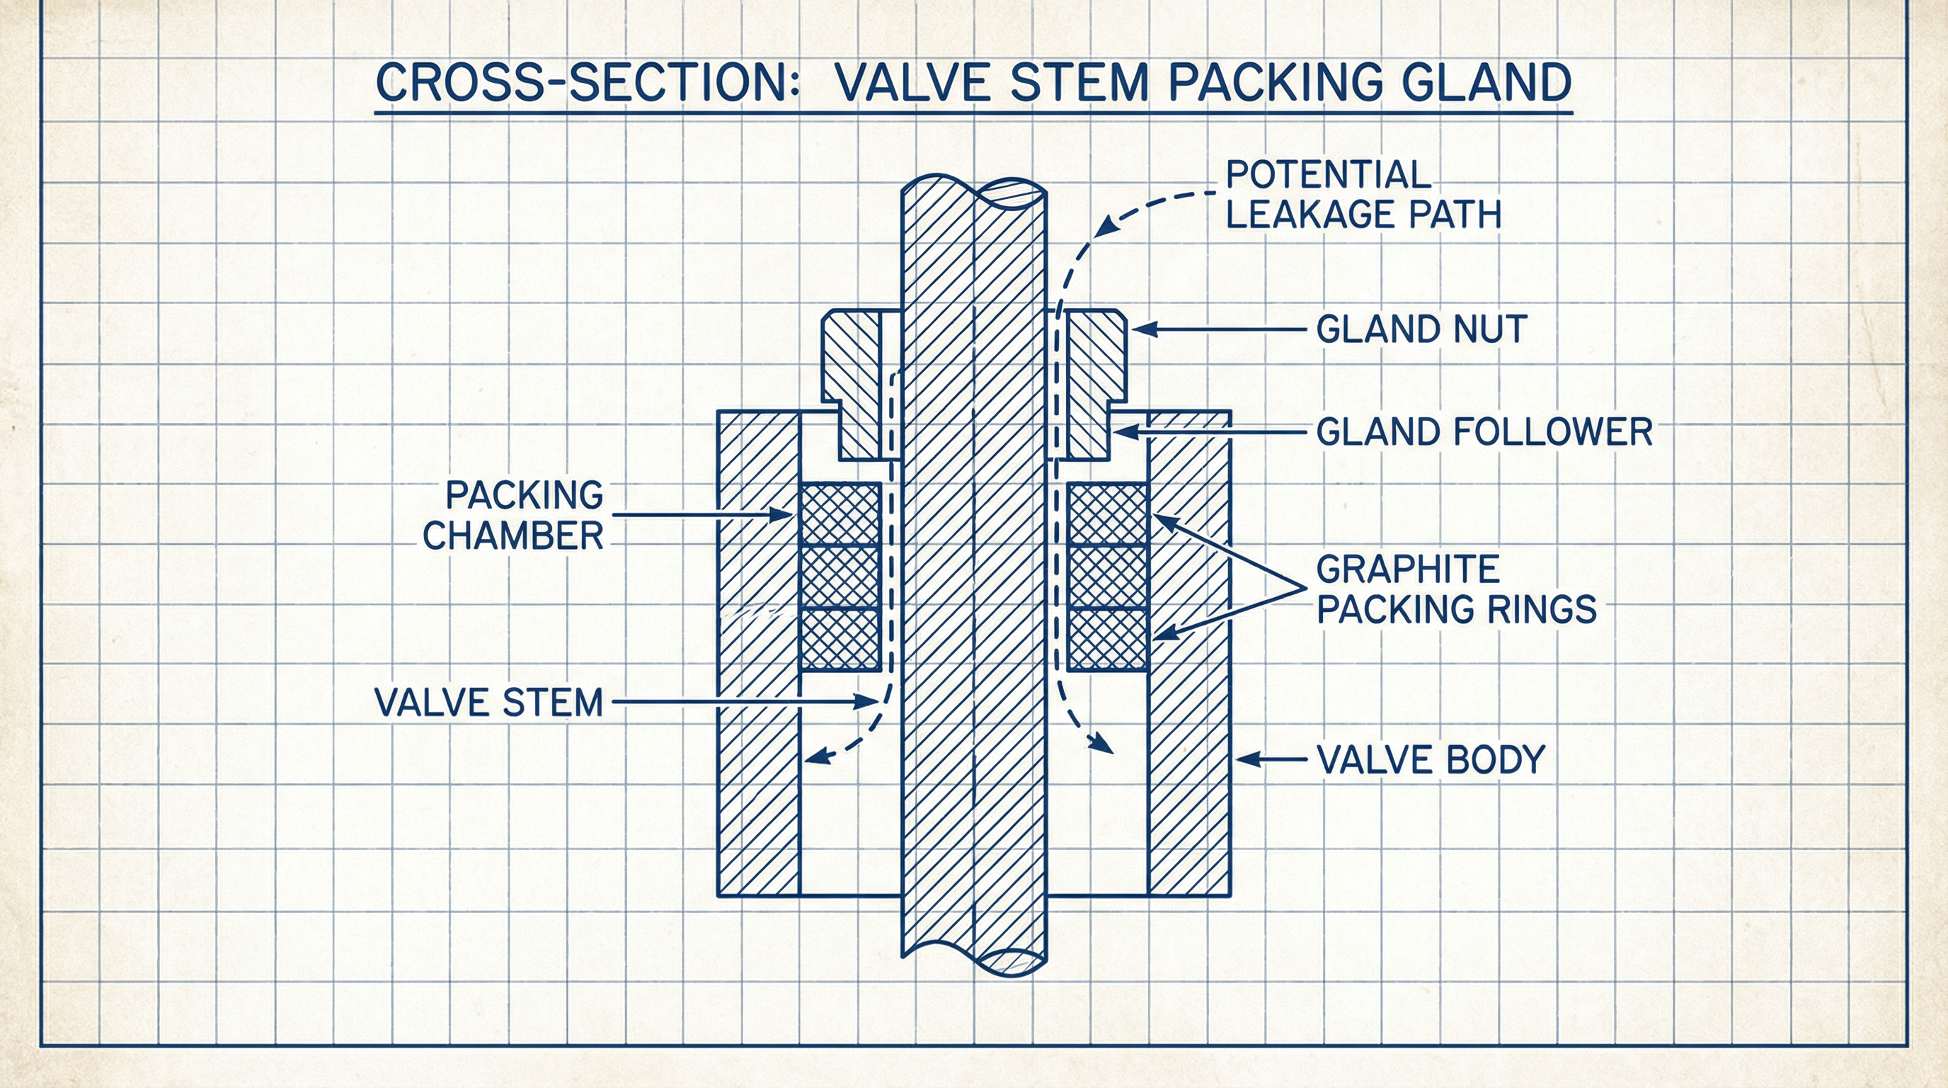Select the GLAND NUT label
tap(1421, 329)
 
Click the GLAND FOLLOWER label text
tap(1484, 432)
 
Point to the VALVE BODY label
tap(1431, 759)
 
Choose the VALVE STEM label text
tap(489, 702)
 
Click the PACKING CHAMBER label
tap(514, 515)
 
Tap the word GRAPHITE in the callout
tap(1408, 569)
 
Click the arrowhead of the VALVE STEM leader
tap(870, 702)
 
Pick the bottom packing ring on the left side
tap(840, 640)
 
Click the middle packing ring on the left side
tap(840, 577)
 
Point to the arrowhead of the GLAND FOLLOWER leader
tap(1120, 432)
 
